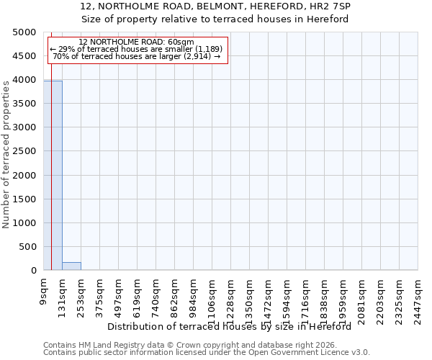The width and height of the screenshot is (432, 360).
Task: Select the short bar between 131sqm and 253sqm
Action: coord(71,266)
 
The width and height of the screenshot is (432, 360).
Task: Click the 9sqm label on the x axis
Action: coord(44,289)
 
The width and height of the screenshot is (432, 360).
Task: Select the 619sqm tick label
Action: coord(138,294)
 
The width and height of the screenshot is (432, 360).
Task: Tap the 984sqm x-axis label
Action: coord(194,294)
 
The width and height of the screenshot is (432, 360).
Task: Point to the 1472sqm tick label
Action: coord(269,297)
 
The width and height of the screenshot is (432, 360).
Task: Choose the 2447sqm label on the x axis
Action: coord(418,297)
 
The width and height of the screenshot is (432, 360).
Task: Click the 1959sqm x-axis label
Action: coord(343,297)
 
